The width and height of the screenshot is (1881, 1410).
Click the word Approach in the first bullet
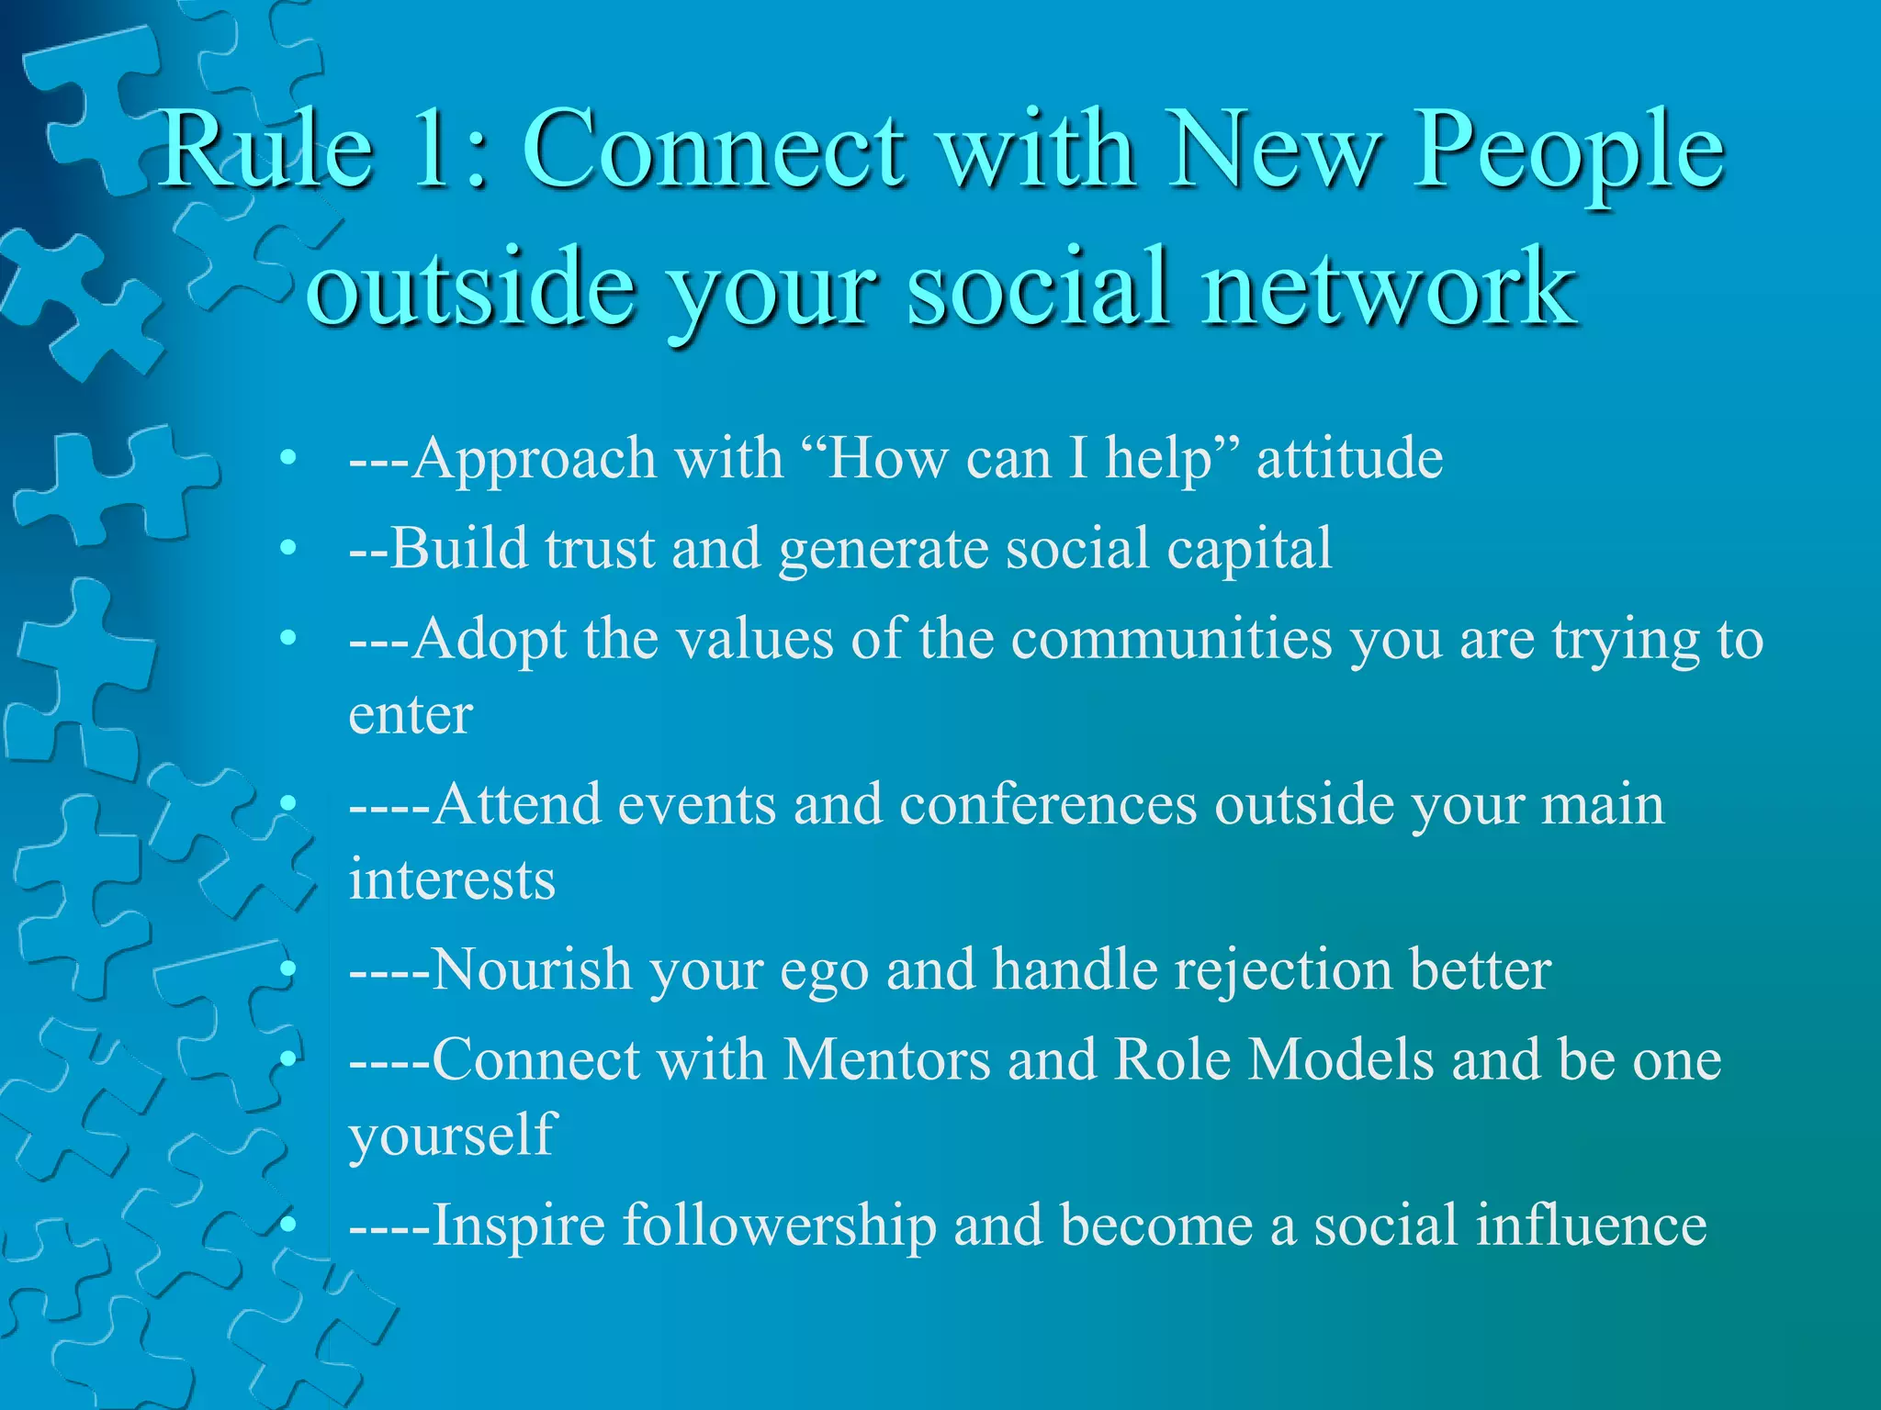(533, 459)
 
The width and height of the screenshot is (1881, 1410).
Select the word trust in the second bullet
(599, 548)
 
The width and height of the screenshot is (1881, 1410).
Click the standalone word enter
(411, 715)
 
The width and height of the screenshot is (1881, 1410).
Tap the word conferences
(1048, 804)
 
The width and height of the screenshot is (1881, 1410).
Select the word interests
(452, 879)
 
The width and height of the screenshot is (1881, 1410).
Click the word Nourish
(532, 969)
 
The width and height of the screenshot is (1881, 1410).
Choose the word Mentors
(886, 1059)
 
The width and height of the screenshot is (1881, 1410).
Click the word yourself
(452, 1136)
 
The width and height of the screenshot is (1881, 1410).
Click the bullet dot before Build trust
(289, 549)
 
